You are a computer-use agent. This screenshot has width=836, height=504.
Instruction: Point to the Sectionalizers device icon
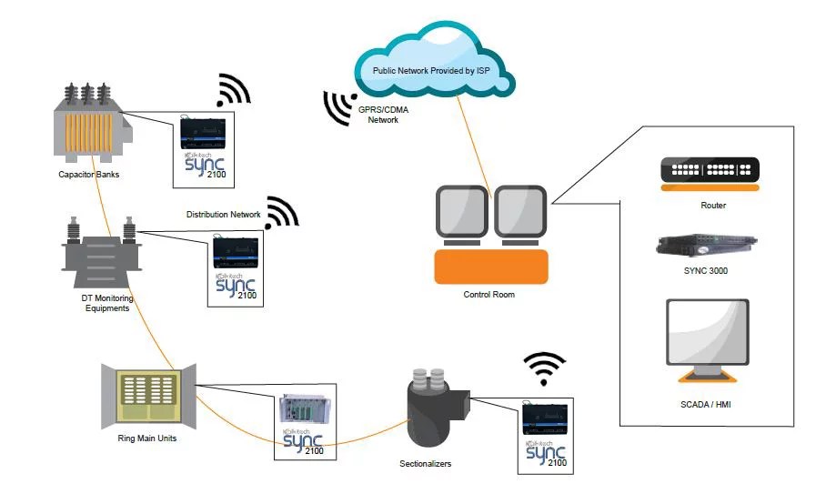click(x=430, y=410)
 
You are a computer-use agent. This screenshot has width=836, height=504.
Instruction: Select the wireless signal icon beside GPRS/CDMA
click(x=338, y=106)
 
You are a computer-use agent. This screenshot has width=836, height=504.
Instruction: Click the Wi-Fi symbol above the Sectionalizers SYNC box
click(x=543, y=368)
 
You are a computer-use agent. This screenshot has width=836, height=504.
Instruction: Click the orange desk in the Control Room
click(x=491, y=267)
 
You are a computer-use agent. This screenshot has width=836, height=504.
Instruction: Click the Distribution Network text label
click(x=224, y=215)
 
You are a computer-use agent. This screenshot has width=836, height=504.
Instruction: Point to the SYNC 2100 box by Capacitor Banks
click(x=204, y=148)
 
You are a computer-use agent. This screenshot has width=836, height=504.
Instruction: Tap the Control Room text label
click(x=490, y=295)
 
